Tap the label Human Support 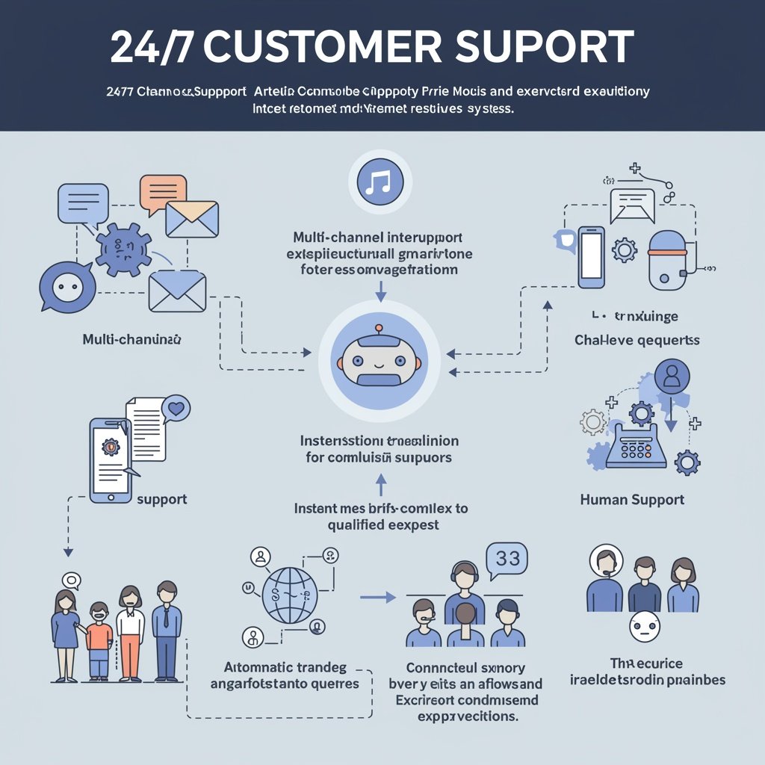632,499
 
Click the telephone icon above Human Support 635,444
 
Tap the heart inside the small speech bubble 176,409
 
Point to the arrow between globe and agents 377,597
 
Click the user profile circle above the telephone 672,377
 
